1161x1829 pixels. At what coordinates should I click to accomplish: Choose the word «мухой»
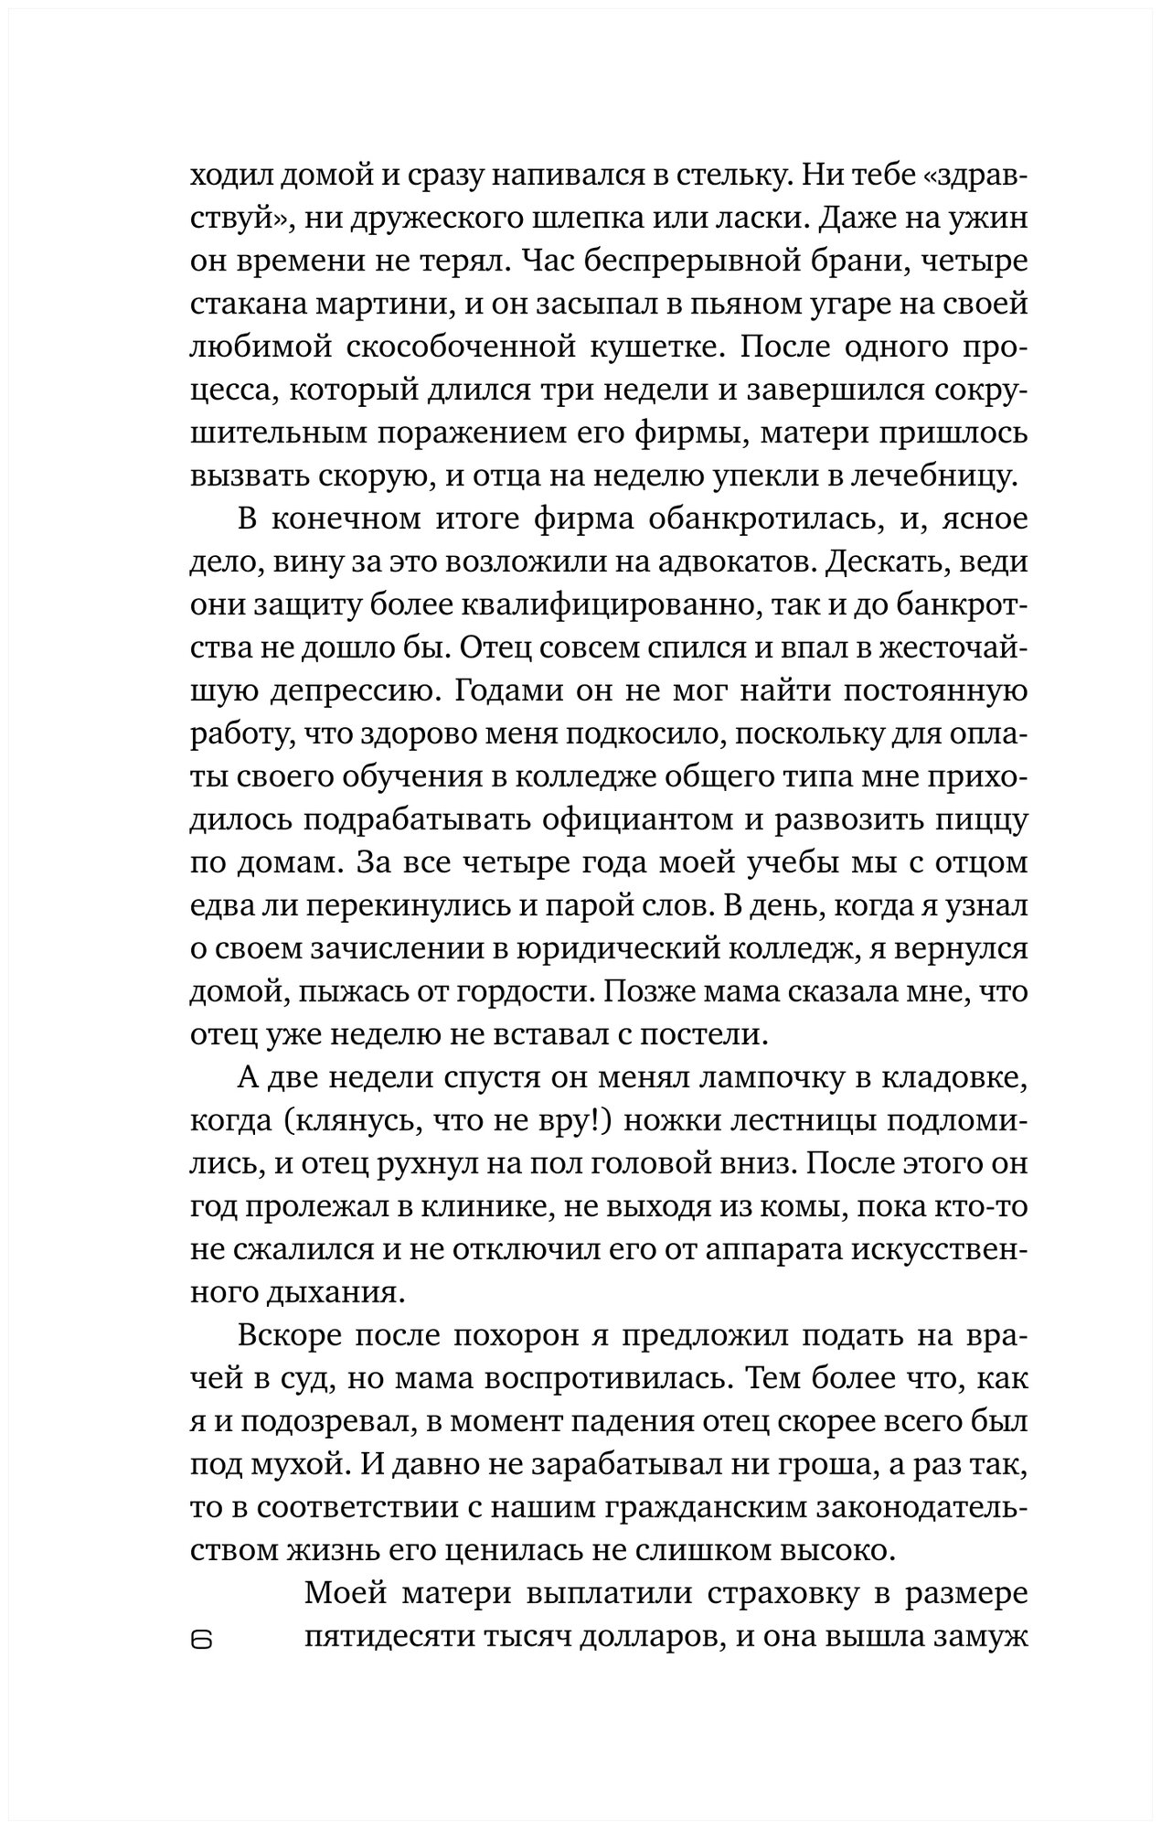pos(300,1465)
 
